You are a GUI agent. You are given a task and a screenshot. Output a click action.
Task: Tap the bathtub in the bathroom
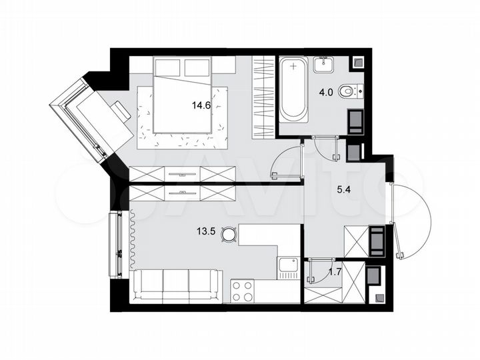[293, 90]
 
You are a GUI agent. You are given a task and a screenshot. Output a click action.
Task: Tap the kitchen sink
[288, 268]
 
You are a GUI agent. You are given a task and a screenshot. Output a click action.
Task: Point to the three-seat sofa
[177, 285]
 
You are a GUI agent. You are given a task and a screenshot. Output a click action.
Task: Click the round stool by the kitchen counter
[229, 234]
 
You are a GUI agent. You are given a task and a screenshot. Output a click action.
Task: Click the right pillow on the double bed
[197, 67]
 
